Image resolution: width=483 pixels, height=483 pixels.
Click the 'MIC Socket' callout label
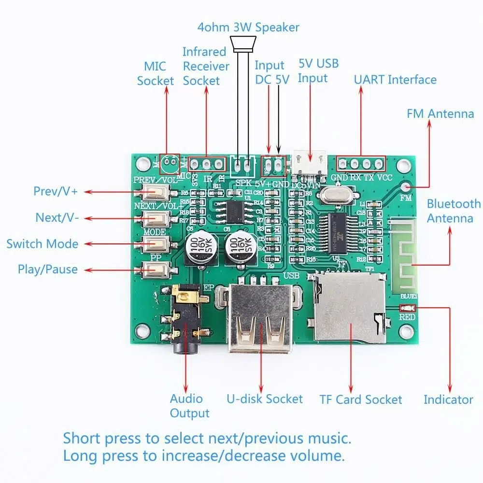pos(155,73)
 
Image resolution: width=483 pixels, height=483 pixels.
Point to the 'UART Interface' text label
pos(395,80)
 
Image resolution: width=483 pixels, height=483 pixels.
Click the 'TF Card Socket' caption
pos(360,399)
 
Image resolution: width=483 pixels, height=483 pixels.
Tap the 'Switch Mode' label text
pos(43,243)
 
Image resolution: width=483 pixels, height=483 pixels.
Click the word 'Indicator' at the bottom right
pos(448,399)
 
